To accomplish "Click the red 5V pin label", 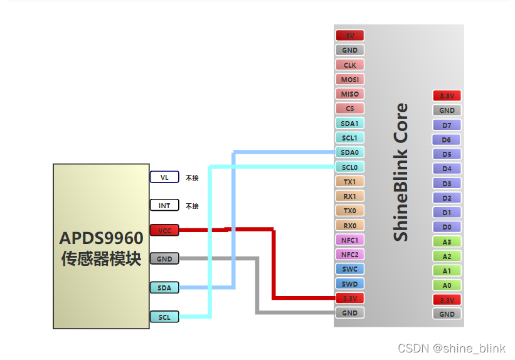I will coord(349,36).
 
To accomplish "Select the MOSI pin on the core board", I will coord(349,80).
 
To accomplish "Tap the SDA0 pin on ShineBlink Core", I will coord(349,152).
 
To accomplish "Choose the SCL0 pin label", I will coord(349,167).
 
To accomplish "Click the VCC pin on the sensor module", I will coord(164,231).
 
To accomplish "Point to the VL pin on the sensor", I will coord(164,177).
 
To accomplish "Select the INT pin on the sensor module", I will coord(164,206).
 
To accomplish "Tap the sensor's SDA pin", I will coord(164,288).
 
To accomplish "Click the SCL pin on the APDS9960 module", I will coord(164,317).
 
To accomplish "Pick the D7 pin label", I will coord(447,125).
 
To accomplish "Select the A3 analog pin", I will coord(447,242).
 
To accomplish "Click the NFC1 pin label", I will coord(349,240).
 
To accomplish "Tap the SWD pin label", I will coord(349,284).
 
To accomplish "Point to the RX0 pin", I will coord(349,226).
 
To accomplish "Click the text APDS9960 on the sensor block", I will coord(101,238).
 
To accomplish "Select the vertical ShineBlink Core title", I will coord(400,172).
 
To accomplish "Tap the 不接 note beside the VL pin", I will coord(192,178).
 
